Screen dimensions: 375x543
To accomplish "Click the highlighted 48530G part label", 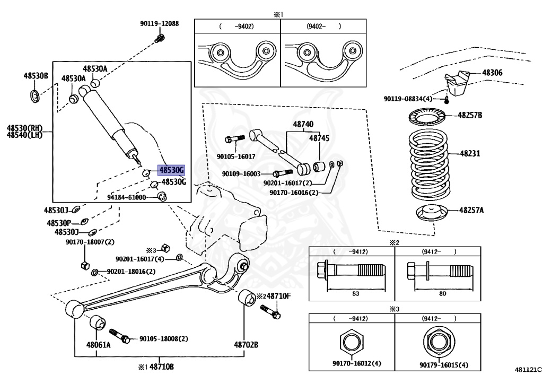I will tap(171, 170).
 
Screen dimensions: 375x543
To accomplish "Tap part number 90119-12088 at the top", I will tap(159, 23).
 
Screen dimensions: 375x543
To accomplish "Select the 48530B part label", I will tap(35, 76).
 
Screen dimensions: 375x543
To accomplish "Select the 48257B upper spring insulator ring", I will tap(427, 116).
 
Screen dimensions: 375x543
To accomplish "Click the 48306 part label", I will tap(492, 73).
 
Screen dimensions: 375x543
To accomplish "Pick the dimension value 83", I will tap(355, 294).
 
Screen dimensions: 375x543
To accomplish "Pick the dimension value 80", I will tap(442, 294).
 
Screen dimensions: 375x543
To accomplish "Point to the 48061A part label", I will tap(99, 345).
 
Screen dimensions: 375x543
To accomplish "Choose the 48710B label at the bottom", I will tap(161, 367).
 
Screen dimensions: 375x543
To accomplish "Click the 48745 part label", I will tap(320, 137).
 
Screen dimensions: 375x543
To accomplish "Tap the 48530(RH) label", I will tap(24, 128).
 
